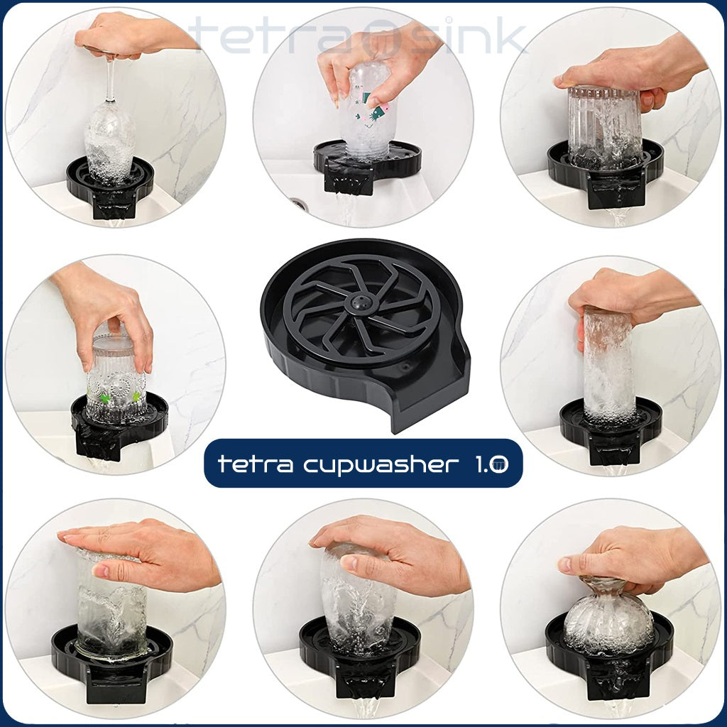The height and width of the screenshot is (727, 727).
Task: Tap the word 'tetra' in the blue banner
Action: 256,463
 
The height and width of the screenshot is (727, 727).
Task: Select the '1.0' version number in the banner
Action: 491,464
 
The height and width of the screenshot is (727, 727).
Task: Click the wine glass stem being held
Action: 110,78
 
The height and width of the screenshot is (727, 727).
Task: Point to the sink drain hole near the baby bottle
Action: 297,203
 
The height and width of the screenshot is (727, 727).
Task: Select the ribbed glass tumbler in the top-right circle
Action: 604,127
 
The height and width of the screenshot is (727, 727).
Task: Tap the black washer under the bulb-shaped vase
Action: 609,657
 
